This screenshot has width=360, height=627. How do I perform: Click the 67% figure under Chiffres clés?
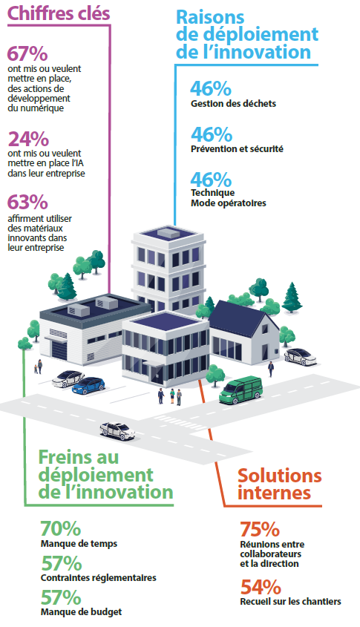pos(27,54)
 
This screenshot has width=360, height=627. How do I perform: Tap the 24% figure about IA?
pos(28,139)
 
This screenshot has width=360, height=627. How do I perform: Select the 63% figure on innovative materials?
pos(27,203)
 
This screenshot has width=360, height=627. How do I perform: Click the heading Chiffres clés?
pos(59,13)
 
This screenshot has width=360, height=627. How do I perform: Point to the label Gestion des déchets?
pos(233,104)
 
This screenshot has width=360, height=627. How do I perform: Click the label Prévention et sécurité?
pos(237,148)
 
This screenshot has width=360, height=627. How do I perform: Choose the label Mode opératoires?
pos(228,203)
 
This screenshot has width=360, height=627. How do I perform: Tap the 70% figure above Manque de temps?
pos(61,528)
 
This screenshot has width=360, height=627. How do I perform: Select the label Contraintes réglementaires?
pos(99,578)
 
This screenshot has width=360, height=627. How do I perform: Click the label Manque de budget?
pos(81,612)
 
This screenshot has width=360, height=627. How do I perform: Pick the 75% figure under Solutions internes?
pos(260,530)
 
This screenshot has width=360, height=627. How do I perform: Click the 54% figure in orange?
pos(261,588)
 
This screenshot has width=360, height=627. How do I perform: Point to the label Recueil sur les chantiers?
pos(290,602)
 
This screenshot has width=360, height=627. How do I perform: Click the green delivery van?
pos(240,390)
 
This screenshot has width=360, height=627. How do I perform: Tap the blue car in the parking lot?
pos(88,385)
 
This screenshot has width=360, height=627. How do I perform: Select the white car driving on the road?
pos(117,430)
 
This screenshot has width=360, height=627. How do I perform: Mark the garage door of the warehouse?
pos(62,349)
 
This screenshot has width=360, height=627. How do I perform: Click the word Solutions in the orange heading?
pos(280,476)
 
